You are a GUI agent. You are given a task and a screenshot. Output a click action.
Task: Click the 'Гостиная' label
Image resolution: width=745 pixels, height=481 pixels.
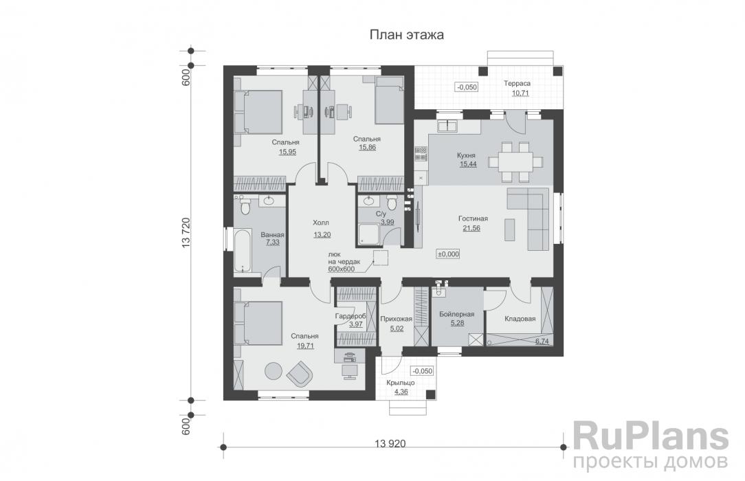click(x=471, y=219)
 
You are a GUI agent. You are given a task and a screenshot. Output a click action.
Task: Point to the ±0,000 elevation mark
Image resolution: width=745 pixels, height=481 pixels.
click(x=448, y=254)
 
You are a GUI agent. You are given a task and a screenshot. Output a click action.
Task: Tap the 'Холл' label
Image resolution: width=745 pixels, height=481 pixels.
click(x=321, y=223)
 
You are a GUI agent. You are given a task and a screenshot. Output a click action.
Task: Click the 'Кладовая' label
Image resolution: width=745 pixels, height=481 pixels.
click(x=520, y=318)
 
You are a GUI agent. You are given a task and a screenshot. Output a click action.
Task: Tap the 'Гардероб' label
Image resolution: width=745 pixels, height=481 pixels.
click(x=350, y=315)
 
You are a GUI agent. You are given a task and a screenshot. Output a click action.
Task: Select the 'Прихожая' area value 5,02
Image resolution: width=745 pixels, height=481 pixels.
click(x=396, y=328)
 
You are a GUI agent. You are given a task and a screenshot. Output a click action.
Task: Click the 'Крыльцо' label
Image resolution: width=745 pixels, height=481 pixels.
click(x=400, y=383)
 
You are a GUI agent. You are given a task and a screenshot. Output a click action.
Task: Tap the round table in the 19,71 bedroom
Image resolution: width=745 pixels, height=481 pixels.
click(x=274, y=370)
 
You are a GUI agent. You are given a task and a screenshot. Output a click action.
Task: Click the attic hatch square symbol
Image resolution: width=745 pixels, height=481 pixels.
click(x=381, y=257)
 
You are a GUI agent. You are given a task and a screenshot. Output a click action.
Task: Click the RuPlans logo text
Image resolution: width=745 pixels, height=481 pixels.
click(x=650, y=436)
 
